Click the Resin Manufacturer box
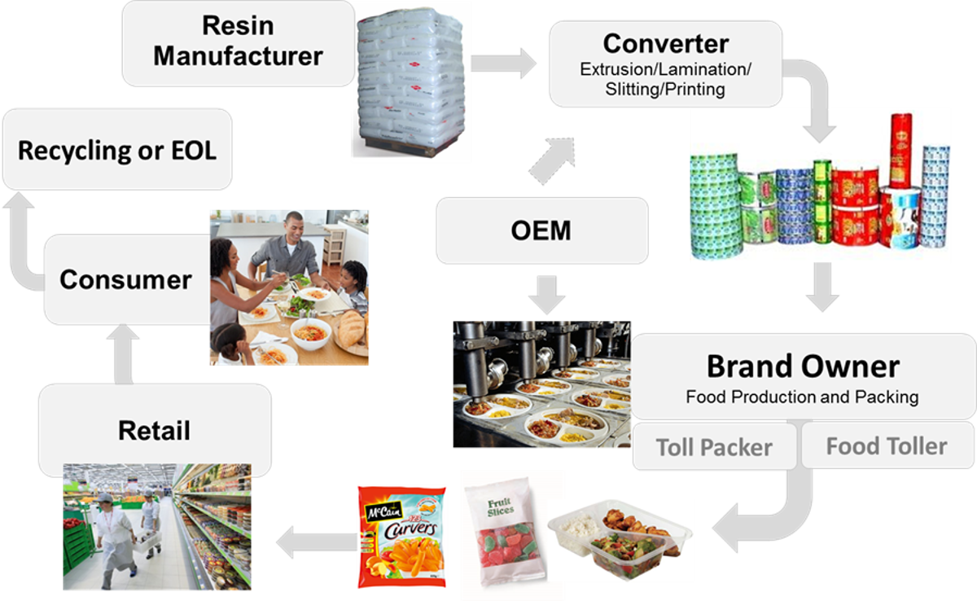click(238, 42)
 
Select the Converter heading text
click(665, 42)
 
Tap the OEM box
click(541, 230)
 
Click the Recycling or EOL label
click(117, 150)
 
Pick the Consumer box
click(125, 279)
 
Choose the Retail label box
click(155, 429)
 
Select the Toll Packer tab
click(714, 447)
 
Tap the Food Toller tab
click(887, 446)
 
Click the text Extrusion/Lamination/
click(665, 69)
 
